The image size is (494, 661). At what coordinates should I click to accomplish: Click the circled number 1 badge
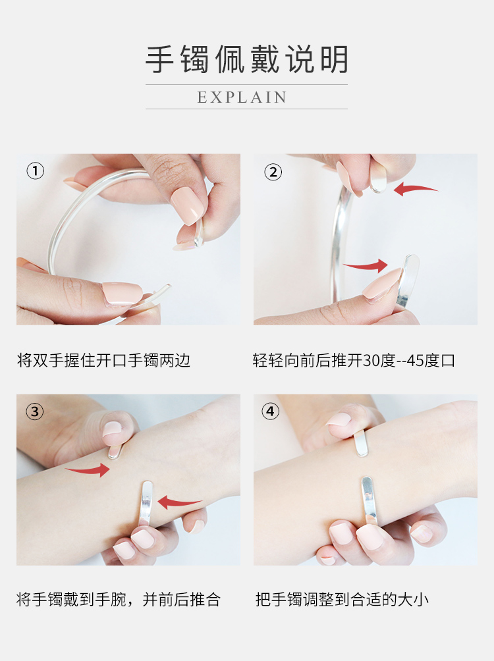coord(36,171)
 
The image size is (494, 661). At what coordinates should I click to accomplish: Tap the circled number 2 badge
coord(273,172)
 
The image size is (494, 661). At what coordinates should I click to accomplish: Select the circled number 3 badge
coord(35,411)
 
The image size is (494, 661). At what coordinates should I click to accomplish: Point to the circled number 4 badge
coord(271,411)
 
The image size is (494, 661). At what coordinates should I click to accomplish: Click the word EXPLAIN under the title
coord(242,97)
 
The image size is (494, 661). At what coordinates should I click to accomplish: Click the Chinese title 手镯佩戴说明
coord(247,59)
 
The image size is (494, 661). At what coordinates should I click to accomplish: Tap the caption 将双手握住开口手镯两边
coord(103,360)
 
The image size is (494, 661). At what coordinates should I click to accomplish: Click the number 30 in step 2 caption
coord(371,360)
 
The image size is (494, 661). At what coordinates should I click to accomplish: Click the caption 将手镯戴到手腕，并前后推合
coord(119,599)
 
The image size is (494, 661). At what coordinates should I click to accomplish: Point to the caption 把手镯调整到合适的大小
coord(342,599)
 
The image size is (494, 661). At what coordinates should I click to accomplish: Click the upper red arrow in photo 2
coord(416,189)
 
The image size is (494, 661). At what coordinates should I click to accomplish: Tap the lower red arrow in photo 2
coord(366,265)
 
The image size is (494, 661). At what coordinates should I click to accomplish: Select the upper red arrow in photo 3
coord(88,469)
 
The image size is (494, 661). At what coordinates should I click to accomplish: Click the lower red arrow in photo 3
coord(179,502)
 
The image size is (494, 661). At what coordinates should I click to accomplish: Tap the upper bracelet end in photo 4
coord(361,443)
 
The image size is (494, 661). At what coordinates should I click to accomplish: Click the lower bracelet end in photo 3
coord(146,502)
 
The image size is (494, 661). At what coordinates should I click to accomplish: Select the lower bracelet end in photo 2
coord(408,280)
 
